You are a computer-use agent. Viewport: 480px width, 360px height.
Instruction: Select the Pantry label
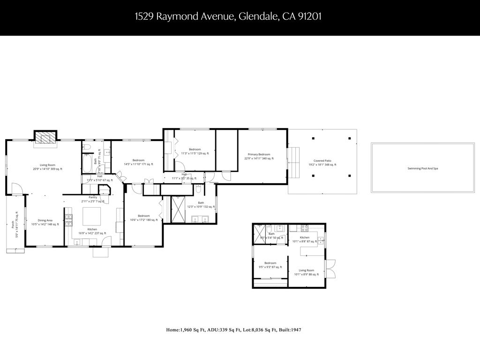pos(93,197)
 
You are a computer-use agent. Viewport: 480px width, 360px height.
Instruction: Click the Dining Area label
pos(45,220)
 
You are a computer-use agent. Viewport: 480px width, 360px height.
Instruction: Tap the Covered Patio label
pos(322,161)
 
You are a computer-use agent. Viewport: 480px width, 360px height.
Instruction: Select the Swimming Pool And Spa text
pos(422,168)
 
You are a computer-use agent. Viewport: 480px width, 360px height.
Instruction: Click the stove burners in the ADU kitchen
pos(303,229)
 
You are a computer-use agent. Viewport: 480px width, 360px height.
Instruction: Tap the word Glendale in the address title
pos(258,17)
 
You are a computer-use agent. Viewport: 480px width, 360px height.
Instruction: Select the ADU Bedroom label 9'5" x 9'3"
pos(270,263)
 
